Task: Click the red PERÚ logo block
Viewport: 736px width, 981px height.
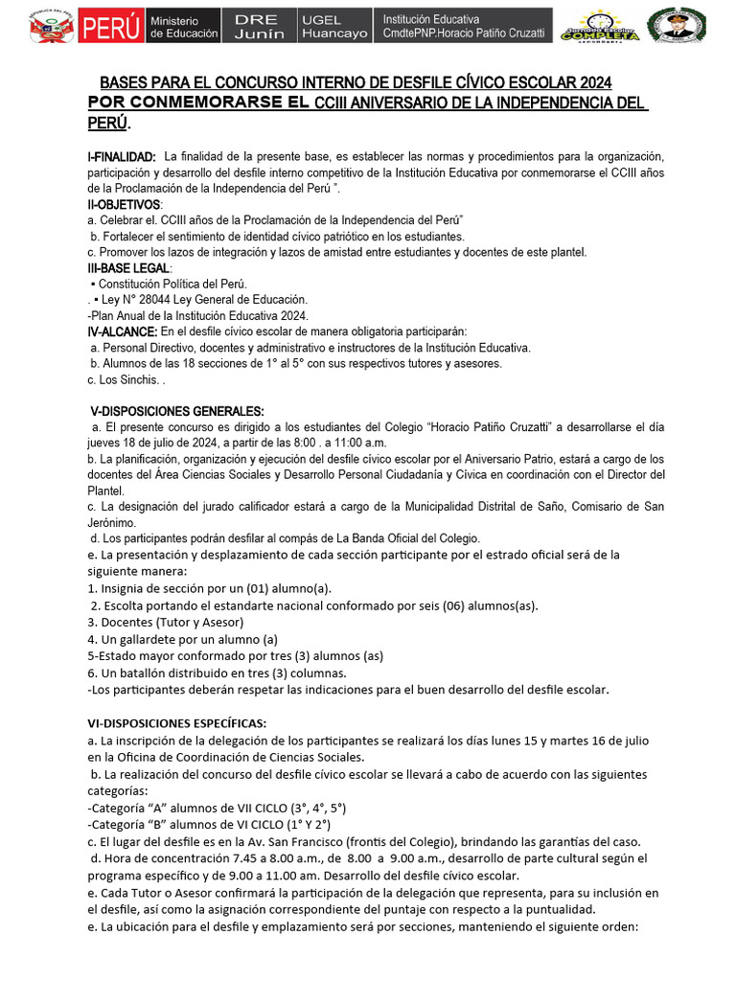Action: tap(110, 26)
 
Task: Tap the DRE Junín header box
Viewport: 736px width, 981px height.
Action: tap(259, 26)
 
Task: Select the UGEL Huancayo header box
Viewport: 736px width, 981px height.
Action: tap(333, 26)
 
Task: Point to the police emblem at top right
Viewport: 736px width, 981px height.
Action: tap(677, 25)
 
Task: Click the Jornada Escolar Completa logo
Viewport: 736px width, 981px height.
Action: tap(600, 26)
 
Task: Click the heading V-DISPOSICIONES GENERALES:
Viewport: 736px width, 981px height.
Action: tap(171, 411)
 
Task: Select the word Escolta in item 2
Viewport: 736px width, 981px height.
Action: tap(126, 605)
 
